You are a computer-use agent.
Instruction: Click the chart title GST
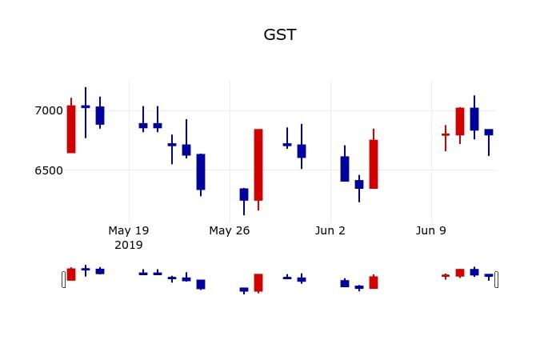point(280,35)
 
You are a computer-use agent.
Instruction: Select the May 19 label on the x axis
point(129,230)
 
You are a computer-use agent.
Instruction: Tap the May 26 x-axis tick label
point(230,230)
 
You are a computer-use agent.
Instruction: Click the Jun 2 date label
point(330,230)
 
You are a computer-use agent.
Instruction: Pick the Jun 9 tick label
point(431,230)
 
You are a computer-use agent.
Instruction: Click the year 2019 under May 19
point(129,245)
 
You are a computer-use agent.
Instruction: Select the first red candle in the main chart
point(71,129)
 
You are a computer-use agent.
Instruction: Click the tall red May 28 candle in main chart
point(258,164)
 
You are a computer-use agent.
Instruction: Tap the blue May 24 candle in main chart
point(201,171)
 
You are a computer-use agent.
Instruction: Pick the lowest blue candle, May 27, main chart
point(244,194)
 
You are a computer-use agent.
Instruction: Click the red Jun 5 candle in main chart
point(374,164)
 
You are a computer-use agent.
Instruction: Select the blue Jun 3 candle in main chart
point(345,169)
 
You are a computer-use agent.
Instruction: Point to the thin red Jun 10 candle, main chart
point(446,134)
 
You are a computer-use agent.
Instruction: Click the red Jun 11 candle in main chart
point(460,122)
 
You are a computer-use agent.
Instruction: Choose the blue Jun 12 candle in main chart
point(474,118)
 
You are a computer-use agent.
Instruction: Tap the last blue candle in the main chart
point(489,132)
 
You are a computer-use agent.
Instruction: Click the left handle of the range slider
point(64,279)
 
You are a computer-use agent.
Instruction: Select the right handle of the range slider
point(497,279)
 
